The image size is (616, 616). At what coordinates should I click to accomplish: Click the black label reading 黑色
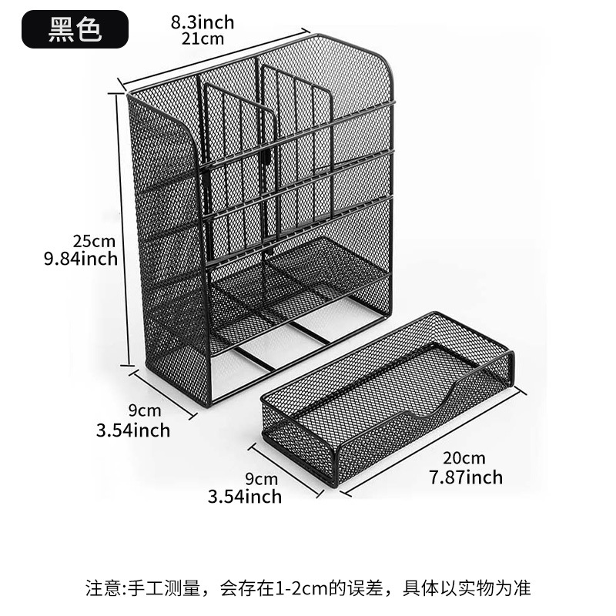click(x=75, y=28)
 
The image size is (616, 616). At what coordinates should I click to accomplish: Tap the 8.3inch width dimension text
click(x=203, y=22)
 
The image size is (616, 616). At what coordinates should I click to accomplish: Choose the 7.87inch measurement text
click(x=465, y=477)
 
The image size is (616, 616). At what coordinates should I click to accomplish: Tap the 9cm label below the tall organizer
click(x=145, y=410)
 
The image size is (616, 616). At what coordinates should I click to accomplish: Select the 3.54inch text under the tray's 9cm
click(x=245, y=496)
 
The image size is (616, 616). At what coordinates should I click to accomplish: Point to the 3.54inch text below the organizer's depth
click(x=132, y=430)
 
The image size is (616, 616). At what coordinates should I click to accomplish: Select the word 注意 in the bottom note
click(x=101, y=588)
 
